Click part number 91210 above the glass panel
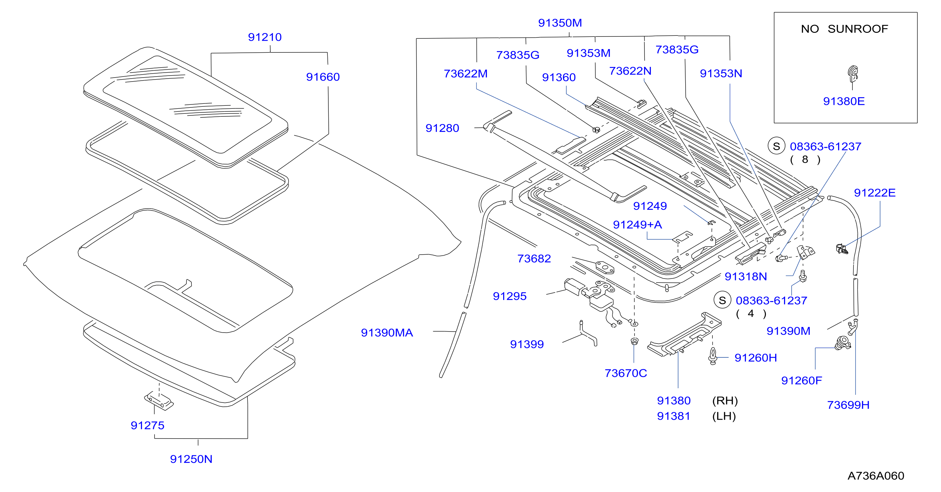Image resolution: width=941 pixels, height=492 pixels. (x=265, y=37)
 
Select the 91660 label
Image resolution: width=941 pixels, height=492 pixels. (x=323, y=77)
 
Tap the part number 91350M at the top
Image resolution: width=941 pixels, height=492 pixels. (x=560, y=23)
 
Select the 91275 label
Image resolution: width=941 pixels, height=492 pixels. (x=148, y=425)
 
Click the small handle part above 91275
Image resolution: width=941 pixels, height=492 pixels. (x=159, y=401)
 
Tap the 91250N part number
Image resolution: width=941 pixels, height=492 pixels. (x=191, y=459)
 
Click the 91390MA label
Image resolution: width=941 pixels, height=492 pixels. (x=387, y=333)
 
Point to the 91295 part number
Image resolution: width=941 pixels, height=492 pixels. (x=509, y=296)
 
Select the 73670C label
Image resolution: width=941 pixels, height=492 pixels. (x=626, y=373)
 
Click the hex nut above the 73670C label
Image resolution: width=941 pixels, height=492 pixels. (x=635, y=341)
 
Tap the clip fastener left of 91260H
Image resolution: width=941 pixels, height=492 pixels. (x=713, y=356)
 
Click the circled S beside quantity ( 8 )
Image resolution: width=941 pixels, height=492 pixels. (x=776, y=146)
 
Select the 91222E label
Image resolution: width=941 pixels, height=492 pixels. (x=875, y=193)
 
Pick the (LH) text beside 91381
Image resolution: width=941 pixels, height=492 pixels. (x=724, y=416)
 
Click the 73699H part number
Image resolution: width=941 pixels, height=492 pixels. (x=848, y=405)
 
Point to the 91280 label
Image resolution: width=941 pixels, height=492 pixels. (x=442, y=128)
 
